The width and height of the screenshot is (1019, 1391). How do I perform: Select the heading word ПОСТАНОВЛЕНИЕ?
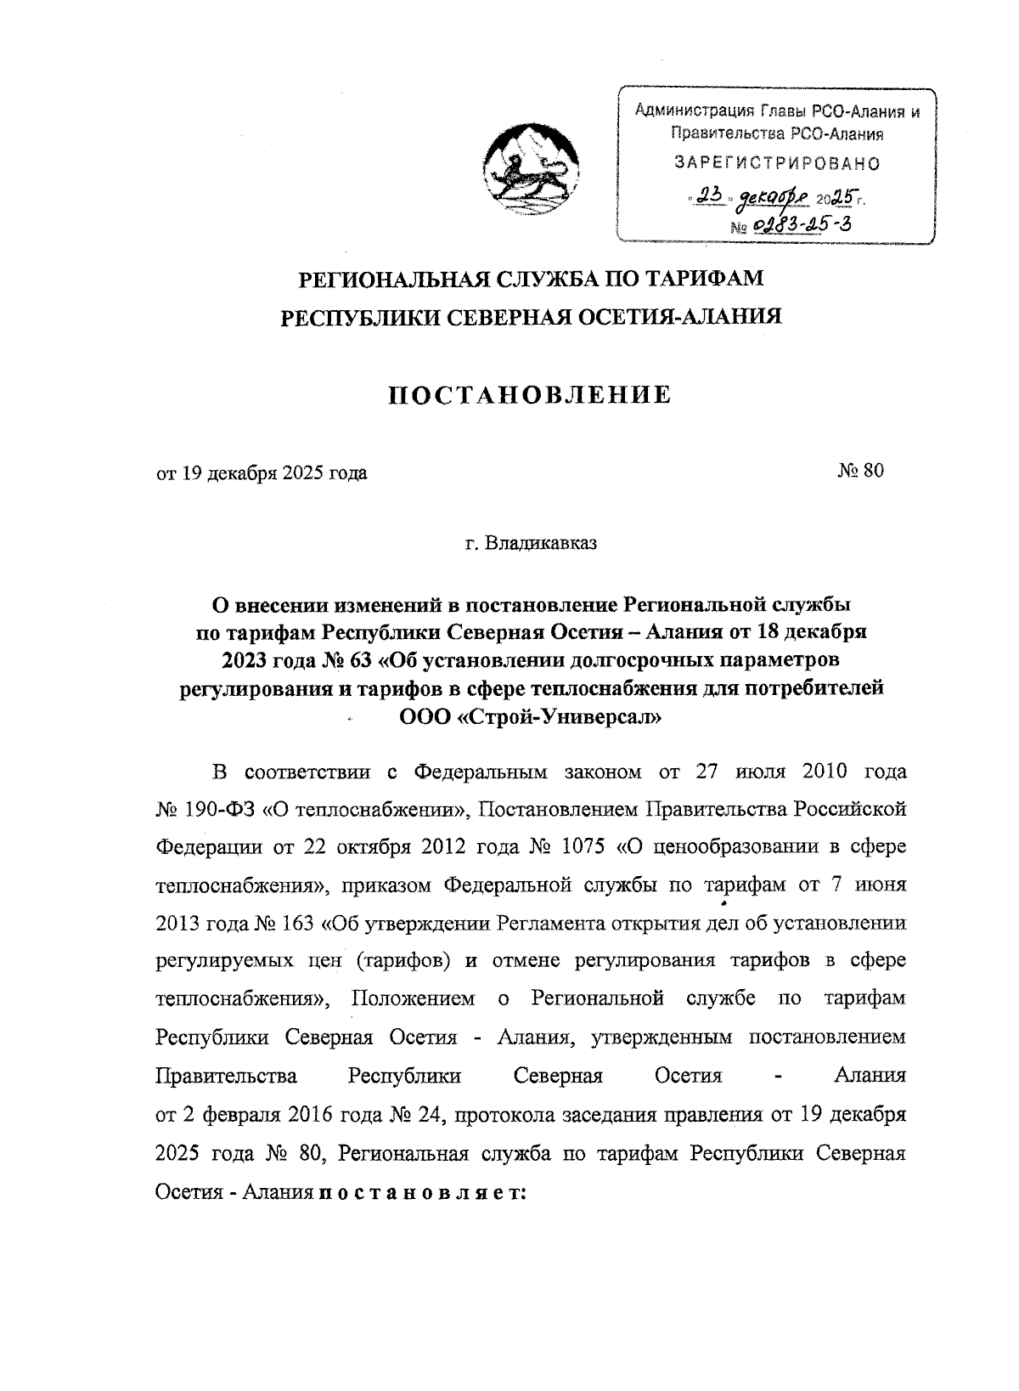[530, 395]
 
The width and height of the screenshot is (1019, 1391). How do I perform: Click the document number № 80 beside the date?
[860, 472]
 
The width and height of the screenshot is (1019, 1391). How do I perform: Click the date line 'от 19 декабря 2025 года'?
[262, 473]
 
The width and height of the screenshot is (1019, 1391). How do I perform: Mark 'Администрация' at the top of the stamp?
[695, 111]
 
